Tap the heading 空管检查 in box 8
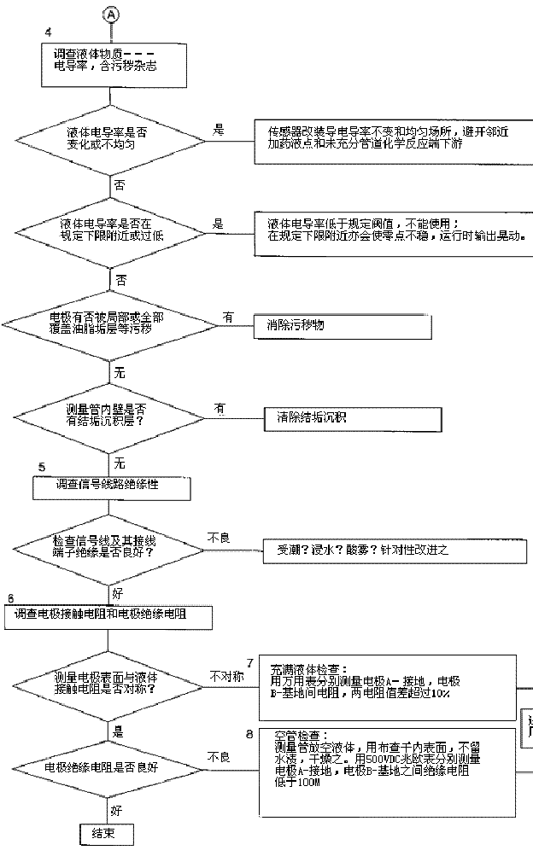[296, 735]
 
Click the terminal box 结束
[107, 834]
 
